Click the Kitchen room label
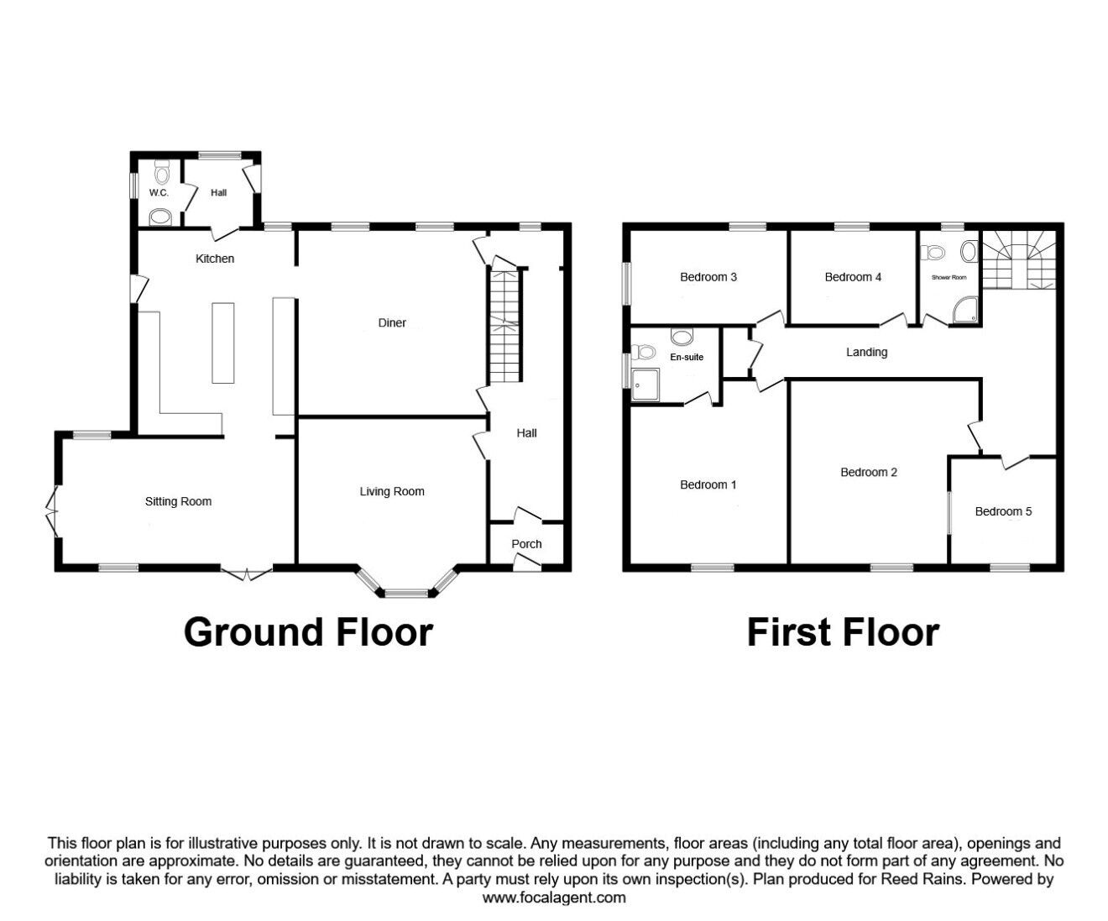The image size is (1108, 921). tap(215, 259)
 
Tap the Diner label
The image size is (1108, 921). tap(392, 323)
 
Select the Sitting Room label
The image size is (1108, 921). tap(178, 501)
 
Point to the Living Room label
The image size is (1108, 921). tap(392, 491)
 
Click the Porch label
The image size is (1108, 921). tap(526, 544)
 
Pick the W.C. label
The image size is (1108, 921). tap(159, 193)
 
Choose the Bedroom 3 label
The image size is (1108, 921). tap(708, 277)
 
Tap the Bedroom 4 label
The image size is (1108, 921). tap(853, 277)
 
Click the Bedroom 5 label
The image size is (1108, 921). tap(1003, 511)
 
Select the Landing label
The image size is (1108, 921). tap(866, 353)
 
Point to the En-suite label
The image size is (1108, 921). tap(687, 357)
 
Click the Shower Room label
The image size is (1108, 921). tap(949, 277)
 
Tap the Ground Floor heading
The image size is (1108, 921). tap(308, 632)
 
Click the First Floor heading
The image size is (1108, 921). tap(843, 632)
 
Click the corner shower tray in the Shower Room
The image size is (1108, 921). tap(964, 311)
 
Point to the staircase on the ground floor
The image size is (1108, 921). tap(504, 327)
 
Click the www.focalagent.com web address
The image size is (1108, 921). tap(554, 897)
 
